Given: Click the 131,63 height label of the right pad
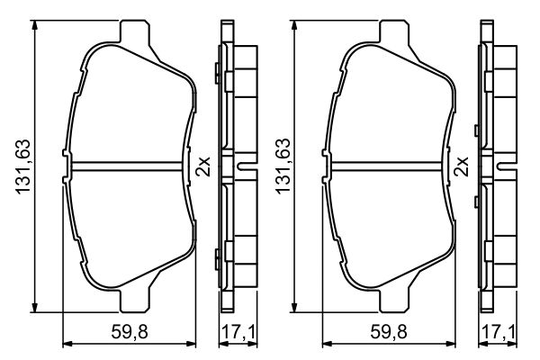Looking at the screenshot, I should (283, 166).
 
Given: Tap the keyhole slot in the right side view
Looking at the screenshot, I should (506, 167).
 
